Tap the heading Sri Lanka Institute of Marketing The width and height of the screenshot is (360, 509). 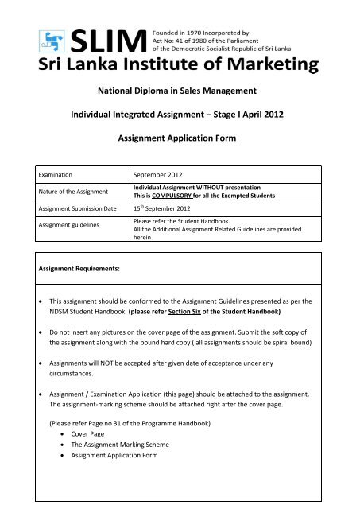180,64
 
